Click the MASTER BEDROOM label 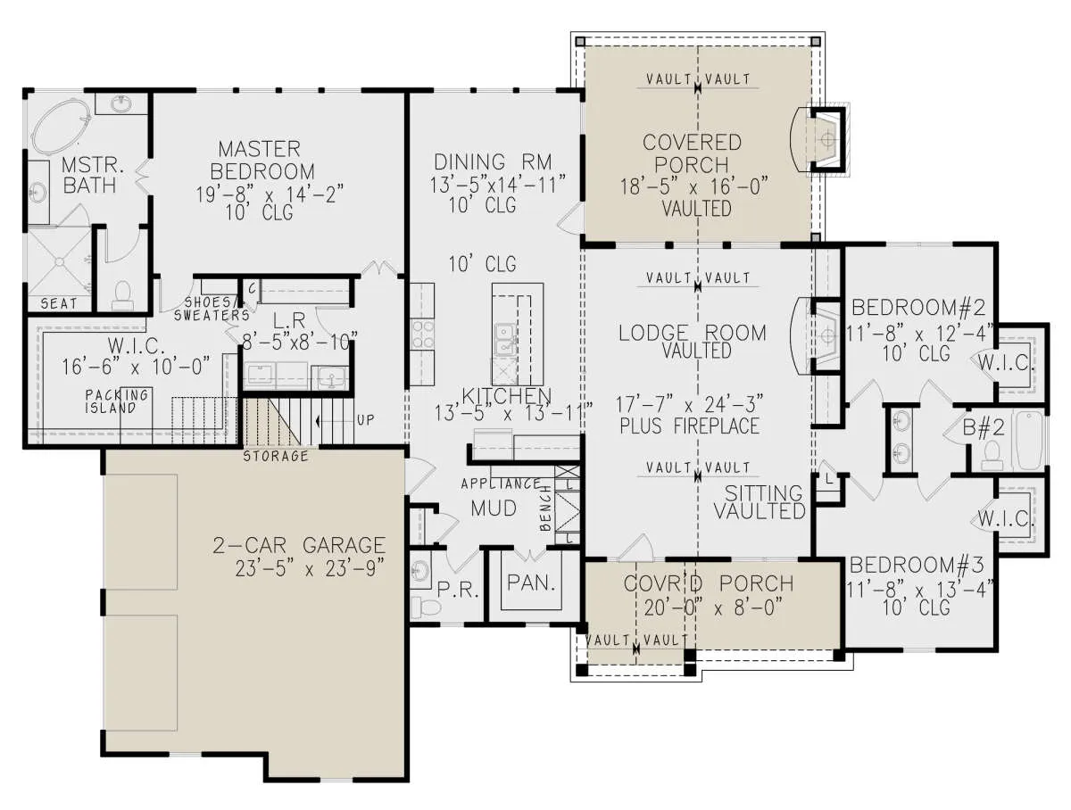pos(262,160)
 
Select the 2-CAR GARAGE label pos(299,545)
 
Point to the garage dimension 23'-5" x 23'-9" pos(310,568)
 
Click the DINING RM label pos(493,161)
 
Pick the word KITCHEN pos(506,396)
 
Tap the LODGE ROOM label pos(693,333)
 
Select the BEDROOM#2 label pos(918,308)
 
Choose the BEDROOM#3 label pos(917,566)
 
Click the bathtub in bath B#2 pos(1028,441)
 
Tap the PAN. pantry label pos(531,583)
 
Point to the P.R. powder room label pos(458,590)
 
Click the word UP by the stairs pos(365,420)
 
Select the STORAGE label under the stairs pos(276,456)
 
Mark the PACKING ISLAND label pos(117,401)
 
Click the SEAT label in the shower pos(59,304)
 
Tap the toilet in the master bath pos(122,295)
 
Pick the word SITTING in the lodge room pos(764,493)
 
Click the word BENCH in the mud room pos(546,508)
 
